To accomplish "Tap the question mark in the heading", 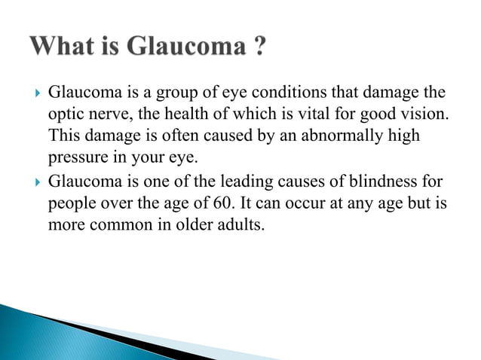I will point(258,47).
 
